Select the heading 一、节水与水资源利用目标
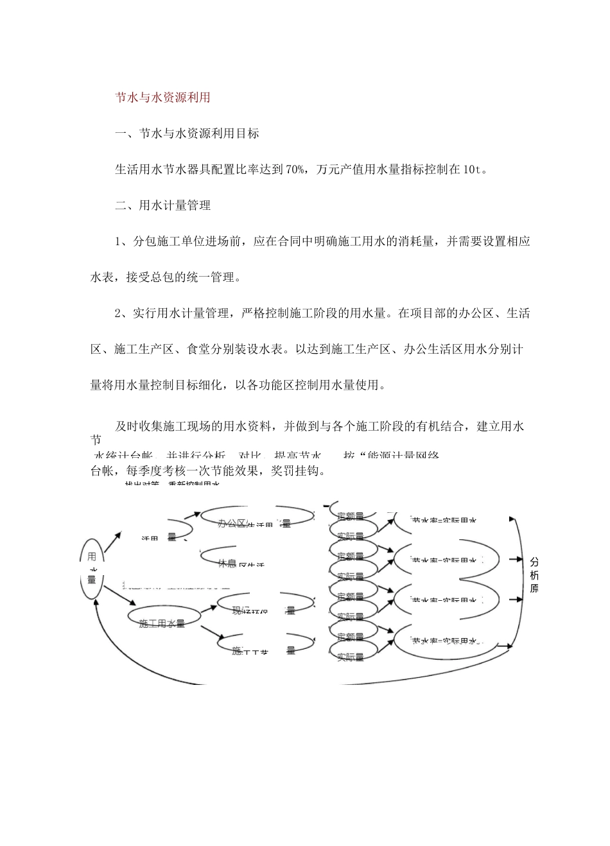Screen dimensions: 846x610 point(187,134)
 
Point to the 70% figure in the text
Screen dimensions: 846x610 point(294,170)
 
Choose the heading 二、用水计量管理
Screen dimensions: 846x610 point(162,206)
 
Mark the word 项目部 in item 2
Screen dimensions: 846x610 point(428,314)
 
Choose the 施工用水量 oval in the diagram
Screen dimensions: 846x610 point(162,623)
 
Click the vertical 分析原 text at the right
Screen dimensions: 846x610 point(534,574)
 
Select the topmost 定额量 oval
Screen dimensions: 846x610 point(351,515)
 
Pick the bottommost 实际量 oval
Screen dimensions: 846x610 point(351,657)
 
